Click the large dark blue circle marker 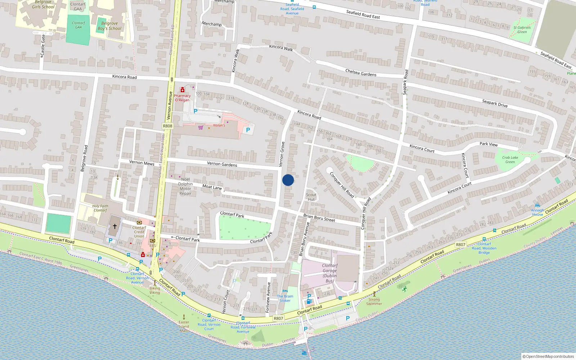point(288,180)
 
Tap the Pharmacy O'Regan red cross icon point(183,90)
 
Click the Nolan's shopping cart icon point(201,127)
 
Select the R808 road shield point(167,126)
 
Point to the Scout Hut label point(311,197)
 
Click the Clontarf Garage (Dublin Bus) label point(330,273)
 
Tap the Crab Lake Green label point(510,159)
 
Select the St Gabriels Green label point(522,30)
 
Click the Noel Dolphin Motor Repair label point(185,186)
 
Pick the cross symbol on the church point(115,226)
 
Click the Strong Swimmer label point(374,301)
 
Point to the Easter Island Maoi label point(184,326)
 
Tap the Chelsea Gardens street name point(361,73)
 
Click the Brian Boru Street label point(319,218)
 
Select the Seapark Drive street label point(495,103)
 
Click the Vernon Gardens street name point(222,164)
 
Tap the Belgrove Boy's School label point(109,26)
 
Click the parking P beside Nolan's point(248,130)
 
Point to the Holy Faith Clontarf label point(100,208)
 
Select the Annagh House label point(537,212)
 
